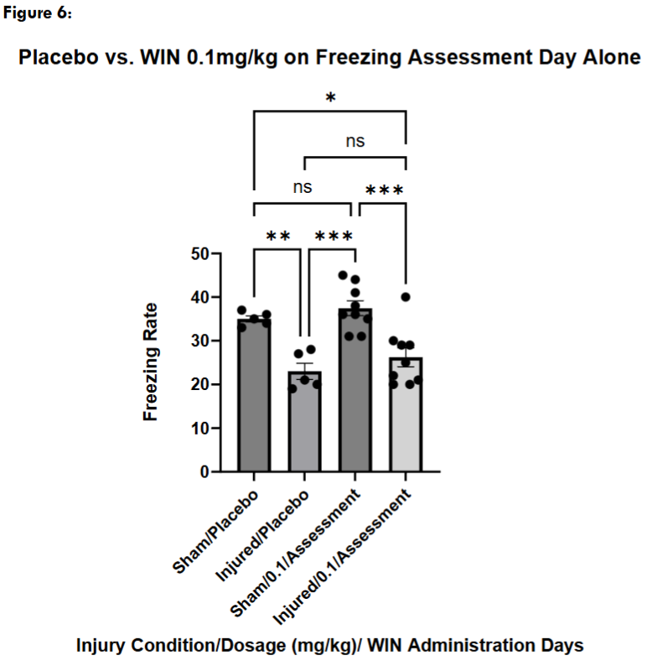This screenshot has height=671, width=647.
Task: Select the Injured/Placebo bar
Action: tap(303, 424)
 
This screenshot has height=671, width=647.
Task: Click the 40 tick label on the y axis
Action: tap(199, 297)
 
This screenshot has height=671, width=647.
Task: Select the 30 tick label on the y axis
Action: tap(199, 341)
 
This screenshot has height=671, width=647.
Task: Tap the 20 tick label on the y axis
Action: tap(199, 384)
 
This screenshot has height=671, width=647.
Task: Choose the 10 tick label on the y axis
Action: tap(199, 428)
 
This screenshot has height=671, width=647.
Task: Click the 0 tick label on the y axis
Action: tap(204, 471)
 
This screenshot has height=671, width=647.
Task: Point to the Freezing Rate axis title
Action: tap(151, 362)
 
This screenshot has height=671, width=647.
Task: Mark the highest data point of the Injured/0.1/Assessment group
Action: tap(406, 297)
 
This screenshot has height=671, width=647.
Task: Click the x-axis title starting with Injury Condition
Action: tap(329, 646)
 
